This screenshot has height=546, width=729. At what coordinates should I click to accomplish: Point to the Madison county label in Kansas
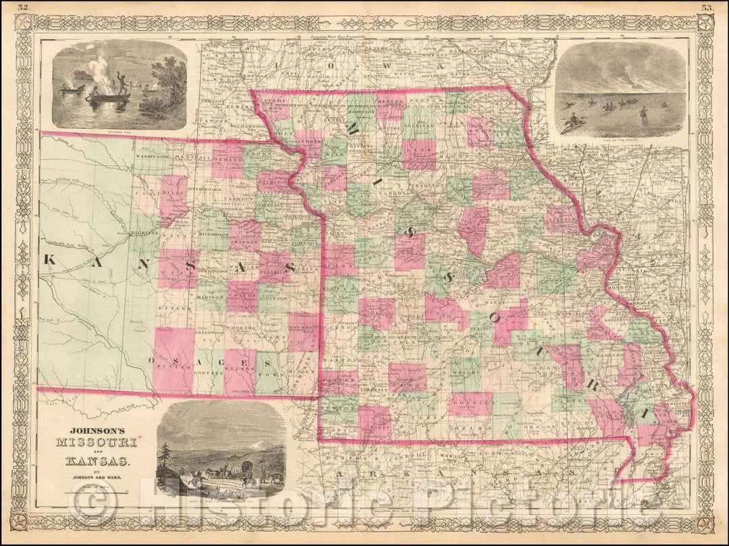click(x=211, y=297)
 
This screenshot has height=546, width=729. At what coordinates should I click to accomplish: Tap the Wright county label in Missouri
click(x=465, y=369)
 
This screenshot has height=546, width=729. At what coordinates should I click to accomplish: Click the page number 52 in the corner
click(x=24, y=8)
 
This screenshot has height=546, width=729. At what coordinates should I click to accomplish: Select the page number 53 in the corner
click(x=706, y=8)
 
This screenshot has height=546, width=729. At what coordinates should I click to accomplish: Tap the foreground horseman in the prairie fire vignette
click(x=574, y=121)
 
